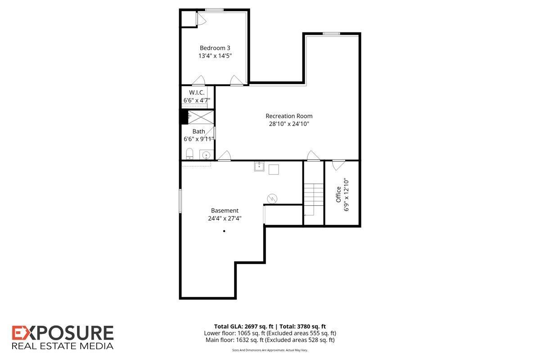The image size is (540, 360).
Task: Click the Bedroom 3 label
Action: [x=215, y=48]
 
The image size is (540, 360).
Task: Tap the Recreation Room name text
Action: [x=289, y=116]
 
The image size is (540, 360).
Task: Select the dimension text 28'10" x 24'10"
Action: [x=289, y=124]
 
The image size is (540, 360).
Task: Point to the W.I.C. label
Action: [x=197, y=92]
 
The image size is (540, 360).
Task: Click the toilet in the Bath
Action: [x=189, y=154]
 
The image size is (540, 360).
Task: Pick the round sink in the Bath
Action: [x=206, y=155]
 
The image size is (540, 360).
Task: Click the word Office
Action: [x=338, y=194]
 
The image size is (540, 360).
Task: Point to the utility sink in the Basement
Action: [x=259, y=166]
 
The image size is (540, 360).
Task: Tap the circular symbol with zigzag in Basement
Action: [x=272, y=198]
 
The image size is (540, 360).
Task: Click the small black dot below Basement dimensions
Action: [x=224, y=231]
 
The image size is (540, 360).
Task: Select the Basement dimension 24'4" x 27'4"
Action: [x=225, y=218]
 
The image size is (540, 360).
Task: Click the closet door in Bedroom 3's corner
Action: [x=201, y=19]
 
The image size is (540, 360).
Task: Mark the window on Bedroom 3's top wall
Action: [x=215, y=10]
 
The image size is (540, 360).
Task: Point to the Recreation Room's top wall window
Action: [x=332, y=33]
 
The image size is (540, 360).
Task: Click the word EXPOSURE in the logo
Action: [x=63, y=333]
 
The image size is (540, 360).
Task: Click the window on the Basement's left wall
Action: [x=180, y=200]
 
